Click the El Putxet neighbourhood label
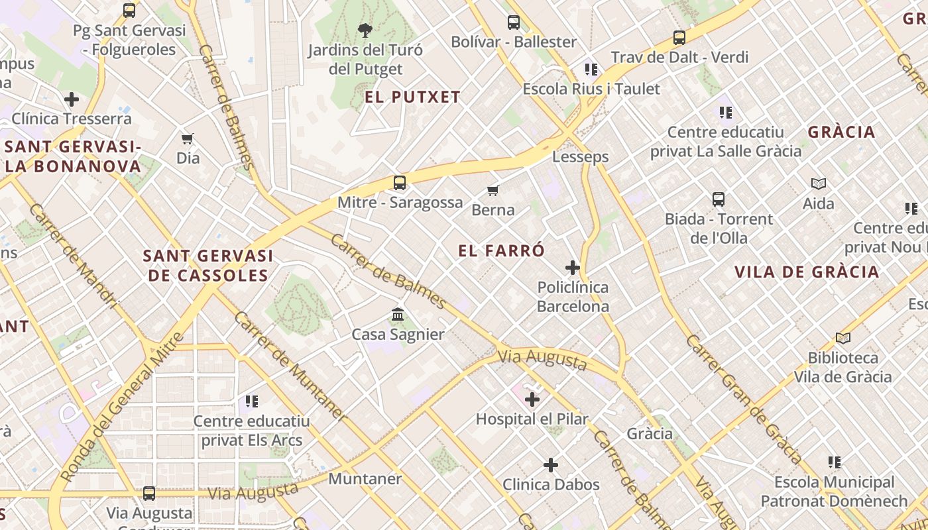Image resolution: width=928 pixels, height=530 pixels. click(x=412, y=97)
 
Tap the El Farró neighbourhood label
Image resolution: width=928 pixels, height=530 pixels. click(x=501, y=250)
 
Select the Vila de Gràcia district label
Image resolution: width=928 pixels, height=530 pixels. click(x=807, y=272)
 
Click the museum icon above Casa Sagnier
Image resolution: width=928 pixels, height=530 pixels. click(x=398, y=314)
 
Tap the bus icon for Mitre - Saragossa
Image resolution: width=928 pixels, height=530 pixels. click(x=399, y=183)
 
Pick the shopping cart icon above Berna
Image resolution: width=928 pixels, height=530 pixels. click(x=493, y=191)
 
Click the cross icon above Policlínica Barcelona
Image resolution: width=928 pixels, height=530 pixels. click(x=573, y=268)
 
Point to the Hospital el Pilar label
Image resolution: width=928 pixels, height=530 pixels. click(x=532, y=419)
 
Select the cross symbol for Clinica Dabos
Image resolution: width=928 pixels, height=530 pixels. click(x=551, y=465)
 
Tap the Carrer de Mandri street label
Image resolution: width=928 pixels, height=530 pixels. click(x=73, y=256)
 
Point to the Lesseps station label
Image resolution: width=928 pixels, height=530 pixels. click(x=581, y=157)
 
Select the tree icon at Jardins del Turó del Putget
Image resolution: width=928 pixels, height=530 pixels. click(x=365, y=30)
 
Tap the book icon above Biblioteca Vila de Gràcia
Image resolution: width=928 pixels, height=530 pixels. click(x=842, y=339)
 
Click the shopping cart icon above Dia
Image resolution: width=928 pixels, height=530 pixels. click(x=188, y=138)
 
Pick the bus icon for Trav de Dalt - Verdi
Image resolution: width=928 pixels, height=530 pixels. click(x=679, y=38)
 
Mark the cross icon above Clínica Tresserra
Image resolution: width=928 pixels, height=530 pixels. click(x=72, y=99)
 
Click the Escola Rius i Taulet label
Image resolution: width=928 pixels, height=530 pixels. click(x=591, y=89)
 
